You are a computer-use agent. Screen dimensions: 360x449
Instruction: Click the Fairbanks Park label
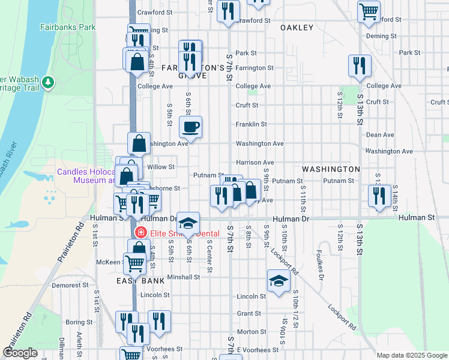(x=68, y=27)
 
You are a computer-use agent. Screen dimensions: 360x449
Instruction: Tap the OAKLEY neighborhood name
(x=297, y=28)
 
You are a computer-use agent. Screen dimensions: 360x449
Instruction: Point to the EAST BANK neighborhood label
(x=136, y=281)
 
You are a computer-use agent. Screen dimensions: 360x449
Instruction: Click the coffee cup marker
(x=191, y=127)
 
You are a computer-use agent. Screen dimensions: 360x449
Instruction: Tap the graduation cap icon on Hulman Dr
(x=188, y=223)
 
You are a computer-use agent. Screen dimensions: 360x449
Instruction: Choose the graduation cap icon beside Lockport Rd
(x=279, y=281)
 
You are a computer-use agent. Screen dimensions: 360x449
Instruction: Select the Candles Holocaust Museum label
(x=85, y=176)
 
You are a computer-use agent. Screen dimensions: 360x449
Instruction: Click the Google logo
(x=20, y=353)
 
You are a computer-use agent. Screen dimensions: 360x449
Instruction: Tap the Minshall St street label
(x=183, y=277)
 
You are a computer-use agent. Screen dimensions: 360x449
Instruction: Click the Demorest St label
(x=70, y=286)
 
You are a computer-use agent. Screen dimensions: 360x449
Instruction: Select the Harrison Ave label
(x=255, y=162)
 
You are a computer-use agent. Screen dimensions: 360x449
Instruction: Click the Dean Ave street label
(x=379, y=136)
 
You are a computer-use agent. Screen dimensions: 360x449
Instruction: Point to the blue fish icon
(x=20, y=225)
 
